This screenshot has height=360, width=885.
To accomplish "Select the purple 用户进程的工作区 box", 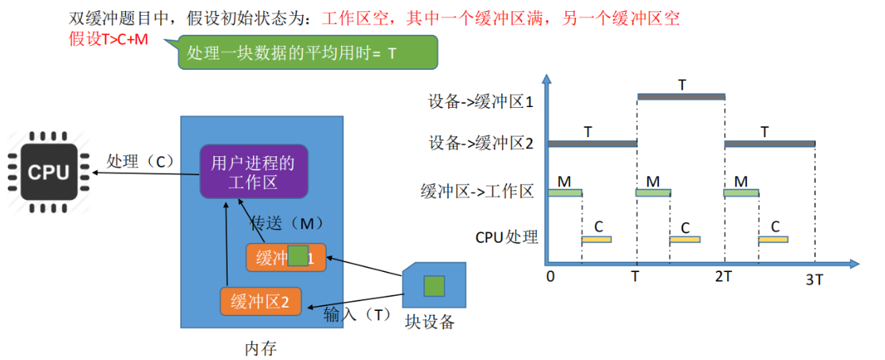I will (253, 171).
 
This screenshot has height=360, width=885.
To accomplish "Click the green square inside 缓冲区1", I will (297, 255).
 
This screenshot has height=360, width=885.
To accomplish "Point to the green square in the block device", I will (433, 286).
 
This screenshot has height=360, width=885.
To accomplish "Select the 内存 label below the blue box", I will (261, 347).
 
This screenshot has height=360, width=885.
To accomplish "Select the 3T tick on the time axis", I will (814, 278).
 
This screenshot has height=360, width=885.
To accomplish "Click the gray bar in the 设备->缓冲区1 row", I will (681, 97).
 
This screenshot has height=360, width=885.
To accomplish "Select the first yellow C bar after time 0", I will (596, 239).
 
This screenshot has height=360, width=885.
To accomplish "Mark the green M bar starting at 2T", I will (741, 193).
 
